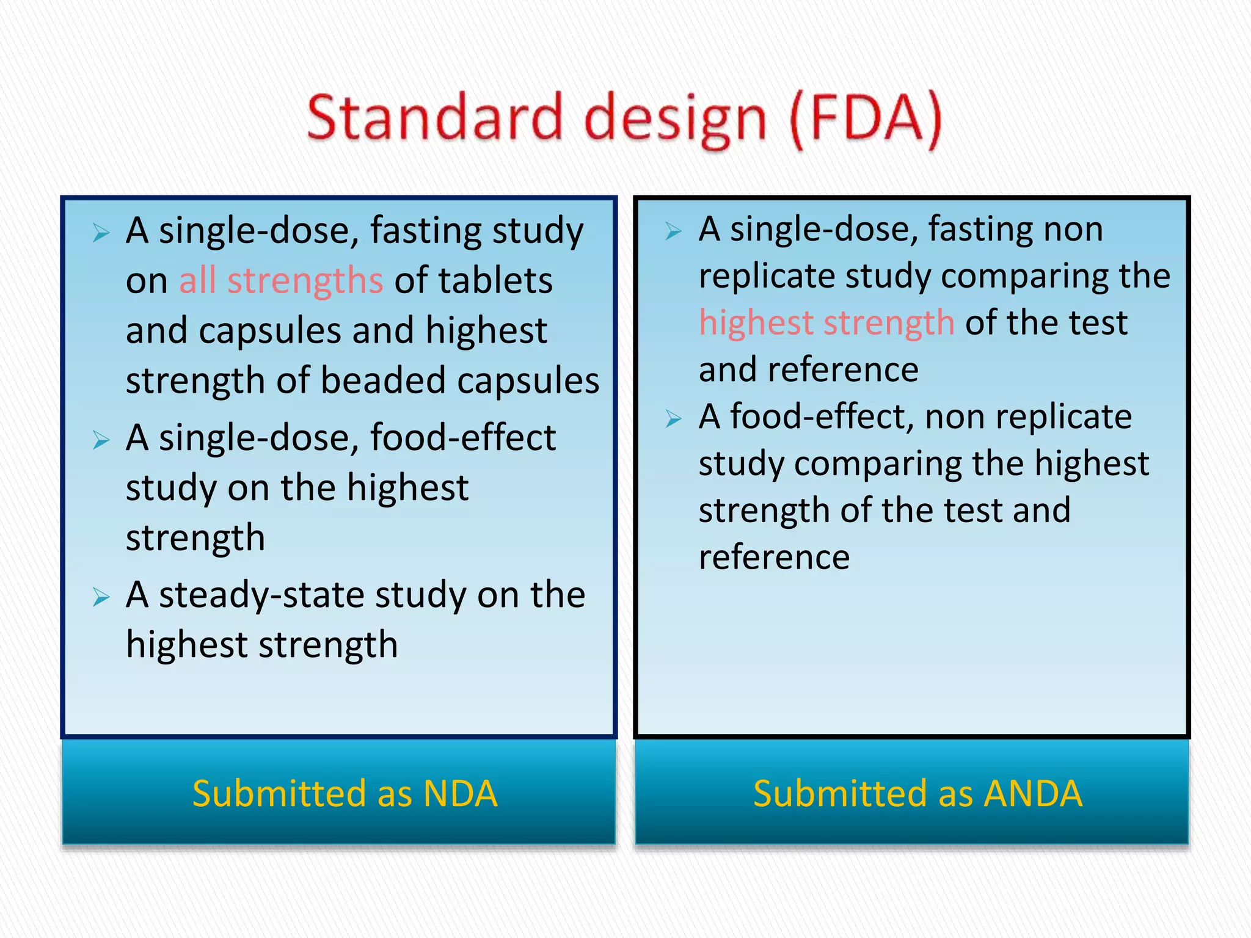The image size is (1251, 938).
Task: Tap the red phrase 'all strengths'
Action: (x=281, y=281)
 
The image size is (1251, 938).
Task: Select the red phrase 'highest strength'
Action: (x=826, y=322)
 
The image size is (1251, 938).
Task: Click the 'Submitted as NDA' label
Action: (x=345, y=793)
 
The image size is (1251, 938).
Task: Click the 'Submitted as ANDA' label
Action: (x=917, y=793)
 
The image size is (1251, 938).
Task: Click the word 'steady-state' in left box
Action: (x=261, y=595)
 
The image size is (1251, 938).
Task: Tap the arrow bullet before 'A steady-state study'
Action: (x=101, y=597)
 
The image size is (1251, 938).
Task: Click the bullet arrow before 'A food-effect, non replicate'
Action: (x=673, y=419)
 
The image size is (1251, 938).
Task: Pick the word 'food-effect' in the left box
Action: (x=462, y=438)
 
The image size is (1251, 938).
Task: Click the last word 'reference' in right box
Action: (x=774, y=557)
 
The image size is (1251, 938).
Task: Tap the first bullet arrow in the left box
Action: (x=101, y=233)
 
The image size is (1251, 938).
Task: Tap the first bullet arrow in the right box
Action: (x=673, y=231)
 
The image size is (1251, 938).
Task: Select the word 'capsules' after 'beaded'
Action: (x=528, y=381)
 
